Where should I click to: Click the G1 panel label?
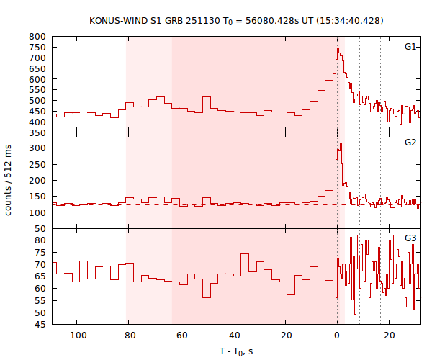(x=410, y=47)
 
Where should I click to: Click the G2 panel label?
(x=410, y=143)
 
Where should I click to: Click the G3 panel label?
(x=410, y=238)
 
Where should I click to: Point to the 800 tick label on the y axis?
(x=38, y=36)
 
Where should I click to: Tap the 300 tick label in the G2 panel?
(x=38, y=148)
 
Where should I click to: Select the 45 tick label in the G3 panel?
(x=41, y=325)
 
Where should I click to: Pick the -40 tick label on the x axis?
(x=233, y=335)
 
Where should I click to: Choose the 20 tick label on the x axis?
(x=390, y=335)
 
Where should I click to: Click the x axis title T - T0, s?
(x=236, y=351)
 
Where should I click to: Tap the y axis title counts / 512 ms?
(x=9, y=181)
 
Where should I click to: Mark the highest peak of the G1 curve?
(x=338, y=49)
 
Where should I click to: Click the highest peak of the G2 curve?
(x=341, y=143)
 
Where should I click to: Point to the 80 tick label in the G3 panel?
(x=41, y=240)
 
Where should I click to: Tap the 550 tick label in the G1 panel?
(x=38, y=90)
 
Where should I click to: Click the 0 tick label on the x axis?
(x=337, y=335)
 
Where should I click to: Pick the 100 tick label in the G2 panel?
(x=38, y=212)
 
